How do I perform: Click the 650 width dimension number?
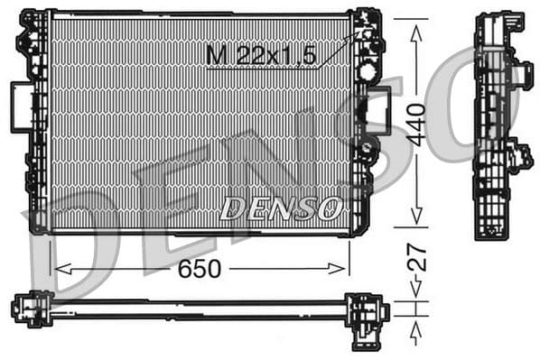point(200,268)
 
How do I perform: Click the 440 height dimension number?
point(415,124)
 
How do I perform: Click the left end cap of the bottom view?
point(29,309)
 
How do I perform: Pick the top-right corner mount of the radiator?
point(366,24)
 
